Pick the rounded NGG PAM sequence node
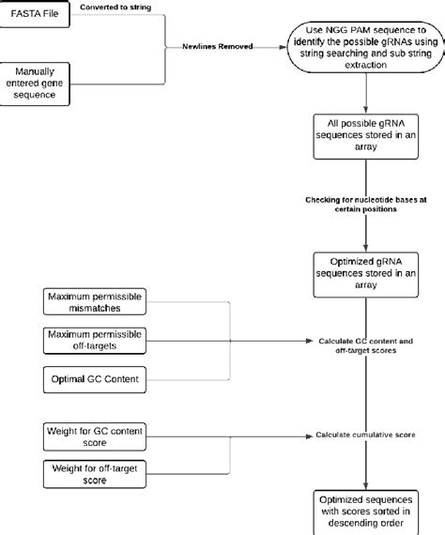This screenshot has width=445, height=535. point(361,45)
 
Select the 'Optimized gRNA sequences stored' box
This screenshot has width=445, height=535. point(361,271)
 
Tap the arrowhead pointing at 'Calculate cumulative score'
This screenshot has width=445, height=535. point(311,435)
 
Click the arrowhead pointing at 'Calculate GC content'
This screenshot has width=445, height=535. point(311,341)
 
